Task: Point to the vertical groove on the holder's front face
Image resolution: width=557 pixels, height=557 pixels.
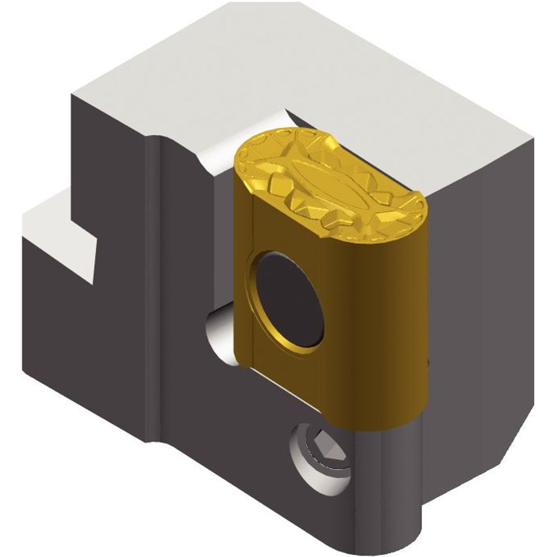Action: [x=152, y=294]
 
